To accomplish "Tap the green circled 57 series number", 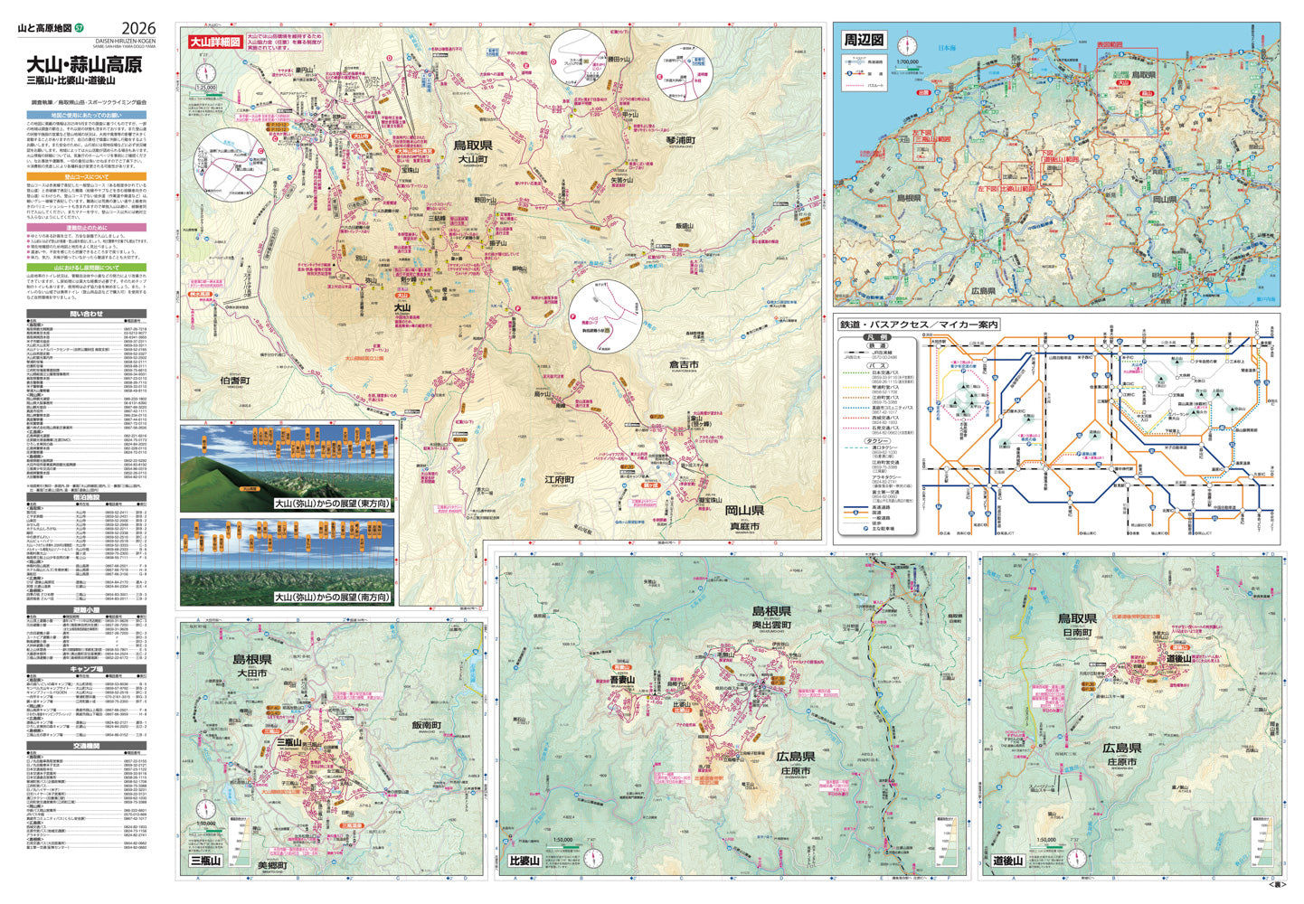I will (80, 30).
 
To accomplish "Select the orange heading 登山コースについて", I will (86, 176).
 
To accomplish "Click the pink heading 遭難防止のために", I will (86, 228).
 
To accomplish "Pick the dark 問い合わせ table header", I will (86, 314).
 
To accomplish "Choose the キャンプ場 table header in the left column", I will (86, 669).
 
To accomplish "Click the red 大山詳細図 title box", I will (214, 42).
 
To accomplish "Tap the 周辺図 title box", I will (864, 40).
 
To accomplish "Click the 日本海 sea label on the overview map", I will (947, 48).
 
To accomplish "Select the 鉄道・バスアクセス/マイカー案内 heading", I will (918, 325).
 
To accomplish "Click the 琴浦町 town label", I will (679, 140).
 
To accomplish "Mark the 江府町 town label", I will (560, 479).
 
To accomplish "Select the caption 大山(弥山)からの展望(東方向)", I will (332, 504).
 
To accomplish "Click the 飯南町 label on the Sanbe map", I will (426, 725).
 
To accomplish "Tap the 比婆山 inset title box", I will (524, 860).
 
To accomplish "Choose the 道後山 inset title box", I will (1007, 860).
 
